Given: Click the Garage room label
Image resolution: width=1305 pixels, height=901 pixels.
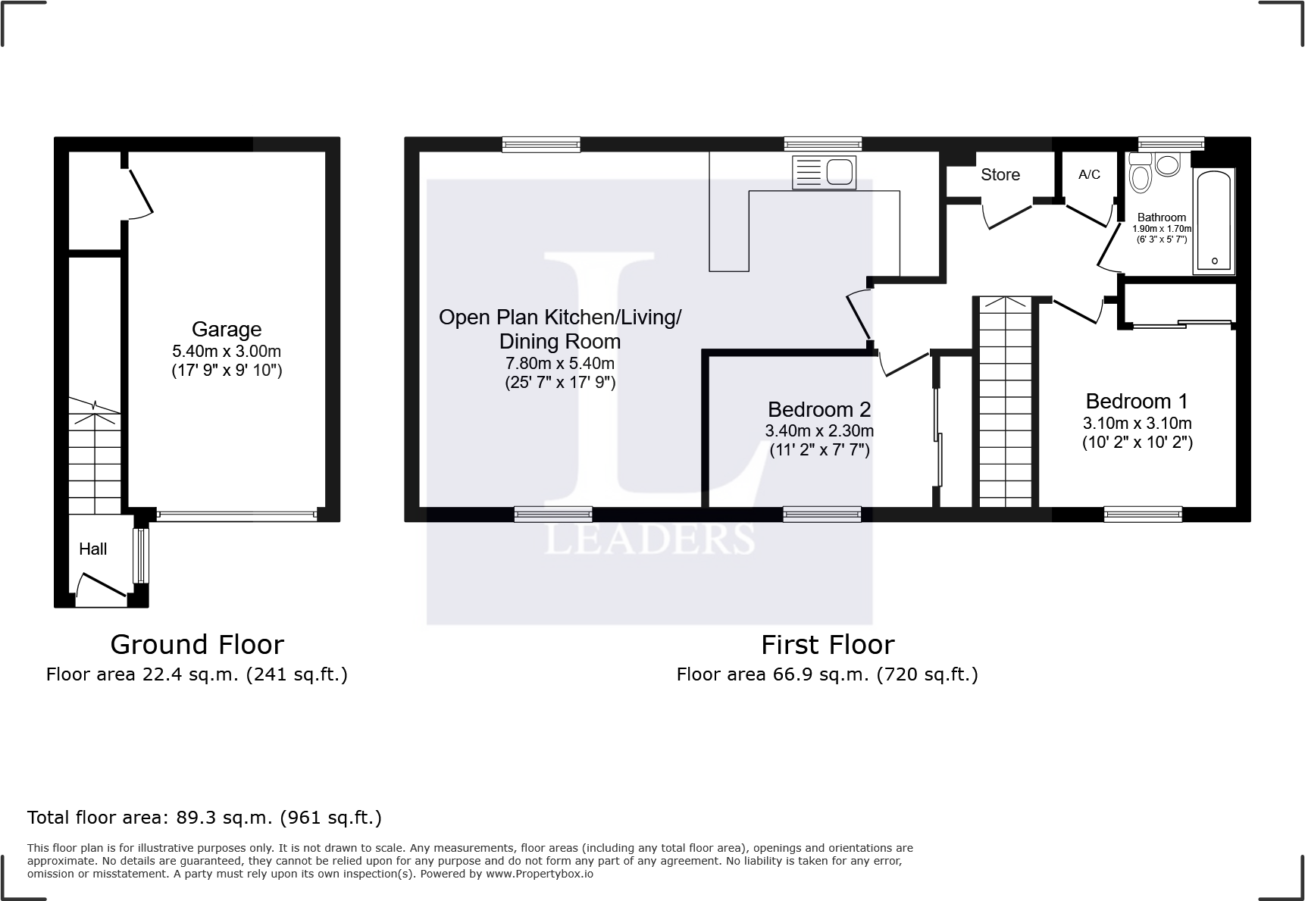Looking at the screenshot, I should click(x=227, y=330).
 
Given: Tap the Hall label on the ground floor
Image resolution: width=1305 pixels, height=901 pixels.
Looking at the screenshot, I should click(x=92, y=549).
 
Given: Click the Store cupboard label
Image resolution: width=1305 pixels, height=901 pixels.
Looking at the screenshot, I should click(x=1000, y=175).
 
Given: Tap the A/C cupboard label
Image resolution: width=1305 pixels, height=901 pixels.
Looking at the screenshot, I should click(x=1089, y=175).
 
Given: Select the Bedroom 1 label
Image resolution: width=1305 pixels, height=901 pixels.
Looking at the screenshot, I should click(x=1136, y=402).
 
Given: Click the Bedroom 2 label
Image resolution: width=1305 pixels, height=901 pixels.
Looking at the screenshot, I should click(x=819, y=410).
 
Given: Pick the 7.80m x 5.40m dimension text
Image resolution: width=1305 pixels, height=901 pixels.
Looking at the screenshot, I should click(x=559, y=363).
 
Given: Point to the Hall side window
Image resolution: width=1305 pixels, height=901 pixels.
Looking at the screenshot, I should click(x=141, y=555).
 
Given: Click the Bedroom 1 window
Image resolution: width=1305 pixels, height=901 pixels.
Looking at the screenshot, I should click(x=1143, y=515).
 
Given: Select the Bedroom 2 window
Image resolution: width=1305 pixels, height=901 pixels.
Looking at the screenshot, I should click(x=821, y=515).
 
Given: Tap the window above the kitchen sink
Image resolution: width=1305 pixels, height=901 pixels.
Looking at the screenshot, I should click(x=822, y=144).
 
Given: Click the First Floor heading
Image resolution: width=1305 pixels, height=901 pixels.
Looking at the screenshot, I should click(x=828, y=645).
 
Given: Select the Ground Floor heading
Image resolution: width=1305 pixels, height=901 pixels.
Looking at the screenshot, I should click(x=197, y=645).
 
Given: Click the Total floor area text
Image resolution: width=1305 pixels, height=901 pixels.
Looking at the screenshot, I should click(x=204, y=818).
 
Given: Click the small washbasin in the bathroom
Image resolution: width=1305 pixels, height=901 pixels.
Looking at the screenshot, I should click(x=1168, y=164).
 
